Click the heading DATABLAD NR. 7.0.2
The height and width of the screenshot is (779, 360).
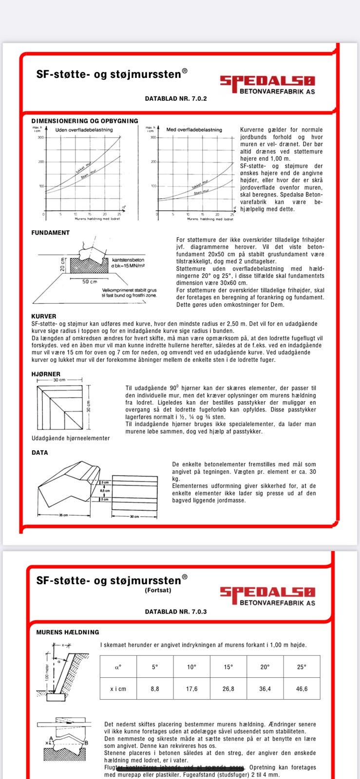[x=176, y=98]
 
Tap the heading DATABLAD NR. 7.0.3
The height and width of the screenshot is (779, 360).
[x=176, y=611]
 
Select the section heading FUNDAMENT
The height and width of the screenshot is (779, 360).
[x=50, y=233]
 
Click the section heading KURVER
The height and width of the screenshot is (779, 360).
[x=44, y=316]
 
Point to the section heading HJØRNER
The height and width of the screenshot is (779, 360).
[x=46, y=374]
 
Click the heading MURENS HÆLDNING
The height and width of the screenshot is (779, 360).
[x=68, y=632]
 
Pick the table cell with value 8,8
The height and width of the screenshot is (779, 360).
[x=155, y=689]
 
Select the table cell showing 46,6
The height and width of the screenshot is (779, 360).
[x=302, y=689]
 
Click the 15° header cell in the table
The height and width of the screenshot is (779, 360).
[x=228, y=667]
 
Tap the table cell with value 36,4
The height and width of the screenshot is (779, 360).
[x=265, y=689]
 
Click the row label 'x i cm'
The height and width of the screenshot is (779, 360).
[x=118, y=689]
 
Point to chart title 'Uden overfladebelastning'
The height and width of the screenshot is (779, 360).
[x=84, y=130]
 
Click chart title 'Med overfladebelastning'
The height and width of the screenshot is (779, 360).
[x=194, y=130]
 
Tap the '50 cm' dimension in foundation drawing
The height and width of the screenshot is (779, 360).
[x=89, y=281]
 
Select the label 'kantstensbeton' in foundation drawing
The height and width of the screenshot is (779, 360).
[x=128, y=260]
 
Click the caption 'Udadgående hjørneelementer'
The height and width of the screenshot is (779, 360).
[x=71, y=438]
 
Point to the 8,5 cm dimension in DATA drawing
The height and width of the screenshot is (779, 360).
[x=105, y=491]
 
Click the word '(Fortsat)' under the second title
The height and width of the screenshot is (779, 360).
[x=158, y=590]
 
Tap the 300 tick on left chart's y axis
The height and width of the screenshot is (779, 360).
[x=41, y=137]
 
